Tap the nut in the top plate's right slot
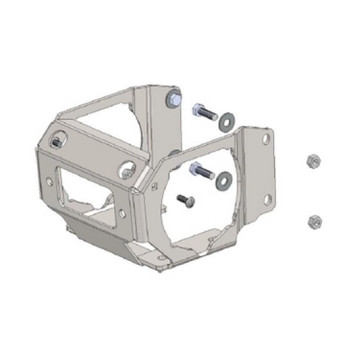[124, 173]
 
